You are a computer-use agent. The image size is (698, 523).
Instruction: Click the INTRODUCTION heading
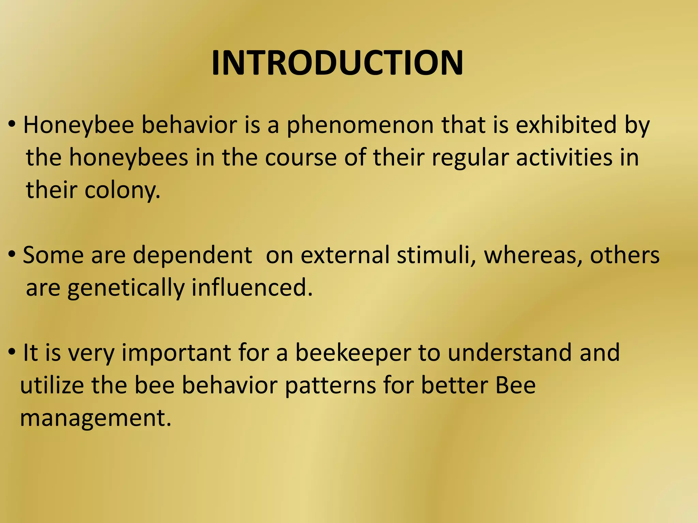point(337,63)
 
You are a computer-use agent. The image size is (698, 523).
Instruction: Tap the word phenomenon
point(360,125)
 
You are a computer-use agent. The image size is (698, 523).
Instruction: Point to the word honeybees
point(128,158)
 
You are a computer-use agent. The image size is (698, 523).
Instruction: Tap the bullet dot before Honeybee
point(12,125)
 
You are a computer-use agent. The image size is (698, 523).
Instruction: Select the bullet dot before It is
point(12,352)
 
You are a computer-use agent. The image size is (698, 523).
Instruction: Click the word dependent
point(192,255)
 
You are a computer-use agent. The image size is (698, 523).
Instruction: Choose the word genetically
point(125,288)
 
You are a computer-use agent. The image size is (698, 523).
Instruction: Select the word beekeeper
point(353,353)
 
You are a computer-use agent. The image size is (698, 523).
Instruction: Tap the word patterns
point(330,386)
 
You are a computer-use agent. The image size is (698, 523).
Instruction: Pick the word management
point(95,418)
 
